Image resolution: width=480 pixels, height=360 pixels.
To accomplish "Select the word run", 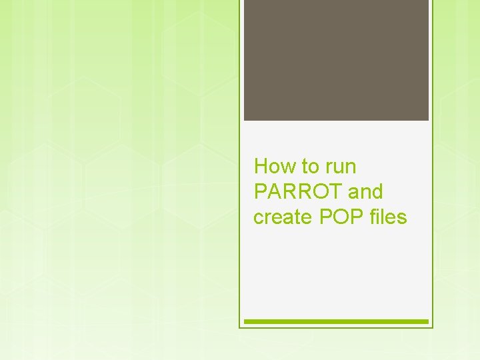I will (340, 166).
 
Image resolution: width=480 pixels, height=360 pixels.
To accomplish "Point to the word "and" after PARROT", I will (365, 192).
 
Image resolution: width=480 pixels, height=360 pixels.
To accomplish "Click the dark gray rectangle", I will (336, 60).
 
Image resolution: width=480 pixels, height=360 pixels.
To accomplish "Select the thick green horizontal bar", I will (336, 321).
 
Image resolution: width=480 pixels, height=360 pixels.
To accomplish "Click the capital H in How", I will (261, 166).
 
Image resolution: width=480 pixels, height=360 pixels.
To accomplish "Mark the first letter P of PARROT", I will (260, 192).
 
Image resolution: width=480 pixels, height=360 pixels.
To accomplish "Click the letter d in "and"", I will (377, 192).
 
